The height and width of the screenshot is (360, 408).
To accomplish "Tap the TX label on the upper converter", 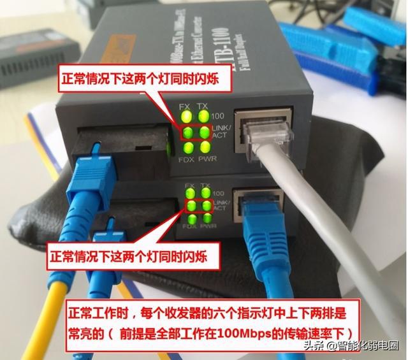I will point(203,105).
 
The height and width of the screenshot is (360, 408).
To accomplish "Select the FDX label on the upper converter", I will point(186,158).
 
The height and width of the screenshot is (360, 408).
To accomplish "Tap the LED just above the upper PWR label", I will point(203,147).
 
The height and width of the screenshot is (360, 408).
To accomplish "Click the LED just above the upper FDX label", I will point(186,147).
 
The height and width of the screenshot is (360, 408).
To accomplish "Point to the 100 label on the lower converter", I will point(219,192).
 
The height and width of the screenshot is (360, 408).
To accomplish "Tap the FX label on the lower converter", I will point(189,185).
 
